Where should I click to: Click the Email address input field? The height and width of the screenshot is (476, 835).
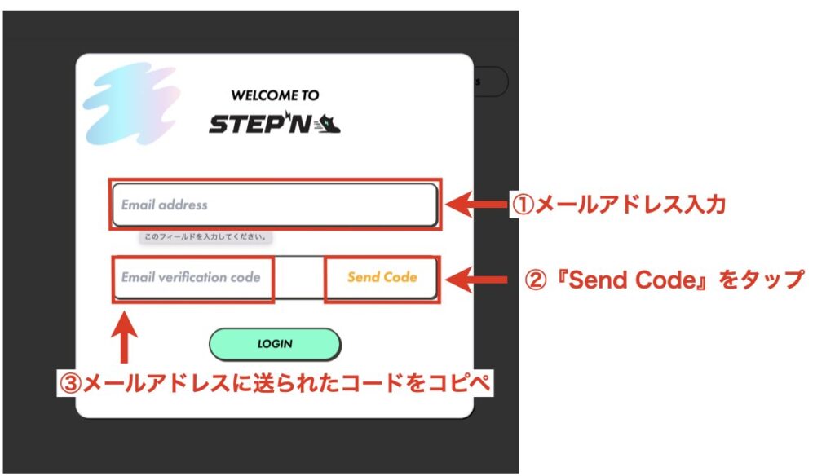pos(275,205)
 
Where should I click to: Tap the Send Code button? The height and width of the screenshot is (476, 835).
pos(382,277)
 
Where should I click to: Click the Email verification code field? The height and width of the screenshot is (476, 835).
pos(192,277)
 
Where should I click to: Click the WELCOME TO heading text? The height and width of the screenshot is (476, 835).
pos(275,95)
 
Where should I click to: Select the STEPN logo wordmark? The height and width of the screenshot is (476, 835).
pos(260,124)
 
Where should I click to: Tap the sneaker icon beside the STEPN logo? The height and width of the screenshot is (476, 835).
pos(328,124)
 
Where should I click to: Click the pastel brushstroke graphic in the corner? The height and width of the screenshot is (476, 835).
pos(130,104)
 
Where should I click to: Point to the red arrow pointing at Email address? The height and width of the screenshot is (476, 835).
pos(476,205)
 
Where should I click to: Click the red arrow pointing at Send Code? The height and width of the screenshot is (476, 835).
pos(476,280)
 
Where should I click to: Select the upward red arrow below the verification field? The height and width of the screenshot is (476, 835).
pos(124,337)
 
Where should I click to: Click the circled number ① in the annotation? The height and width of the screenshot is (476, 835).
pos(523,205)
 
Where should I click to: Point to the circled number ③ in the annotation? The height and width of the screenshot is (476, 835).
pos(70,383)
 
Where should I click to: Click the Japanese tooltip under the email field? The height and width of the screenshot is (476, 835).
pos(205,237)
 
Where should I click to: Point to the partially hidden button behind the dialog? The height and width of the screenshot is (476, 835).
pos(491,82)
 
